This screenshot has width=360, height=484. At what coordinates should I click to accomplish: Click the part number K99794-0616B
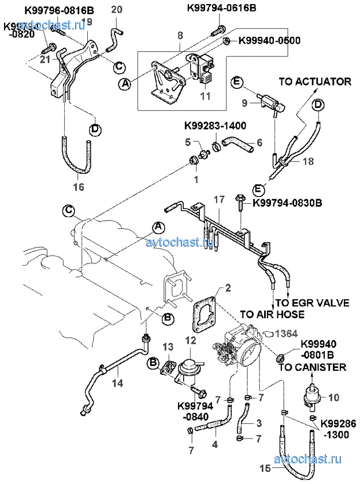[224, 9]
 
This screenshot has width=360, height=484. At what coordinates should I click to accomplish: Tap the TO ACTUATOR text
[315, 81]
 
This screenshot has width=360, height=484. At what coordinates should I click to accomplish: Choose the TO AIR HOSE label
[272, 314]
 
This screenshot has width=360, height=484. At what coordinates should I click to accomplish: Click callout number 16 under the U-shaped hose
[79, 187]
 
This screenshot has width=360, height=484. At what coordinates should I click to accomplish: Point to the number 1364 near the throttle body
[285, 333]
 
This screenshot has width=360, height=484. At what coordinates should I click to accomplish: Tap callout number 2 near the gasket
[228, 287]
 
